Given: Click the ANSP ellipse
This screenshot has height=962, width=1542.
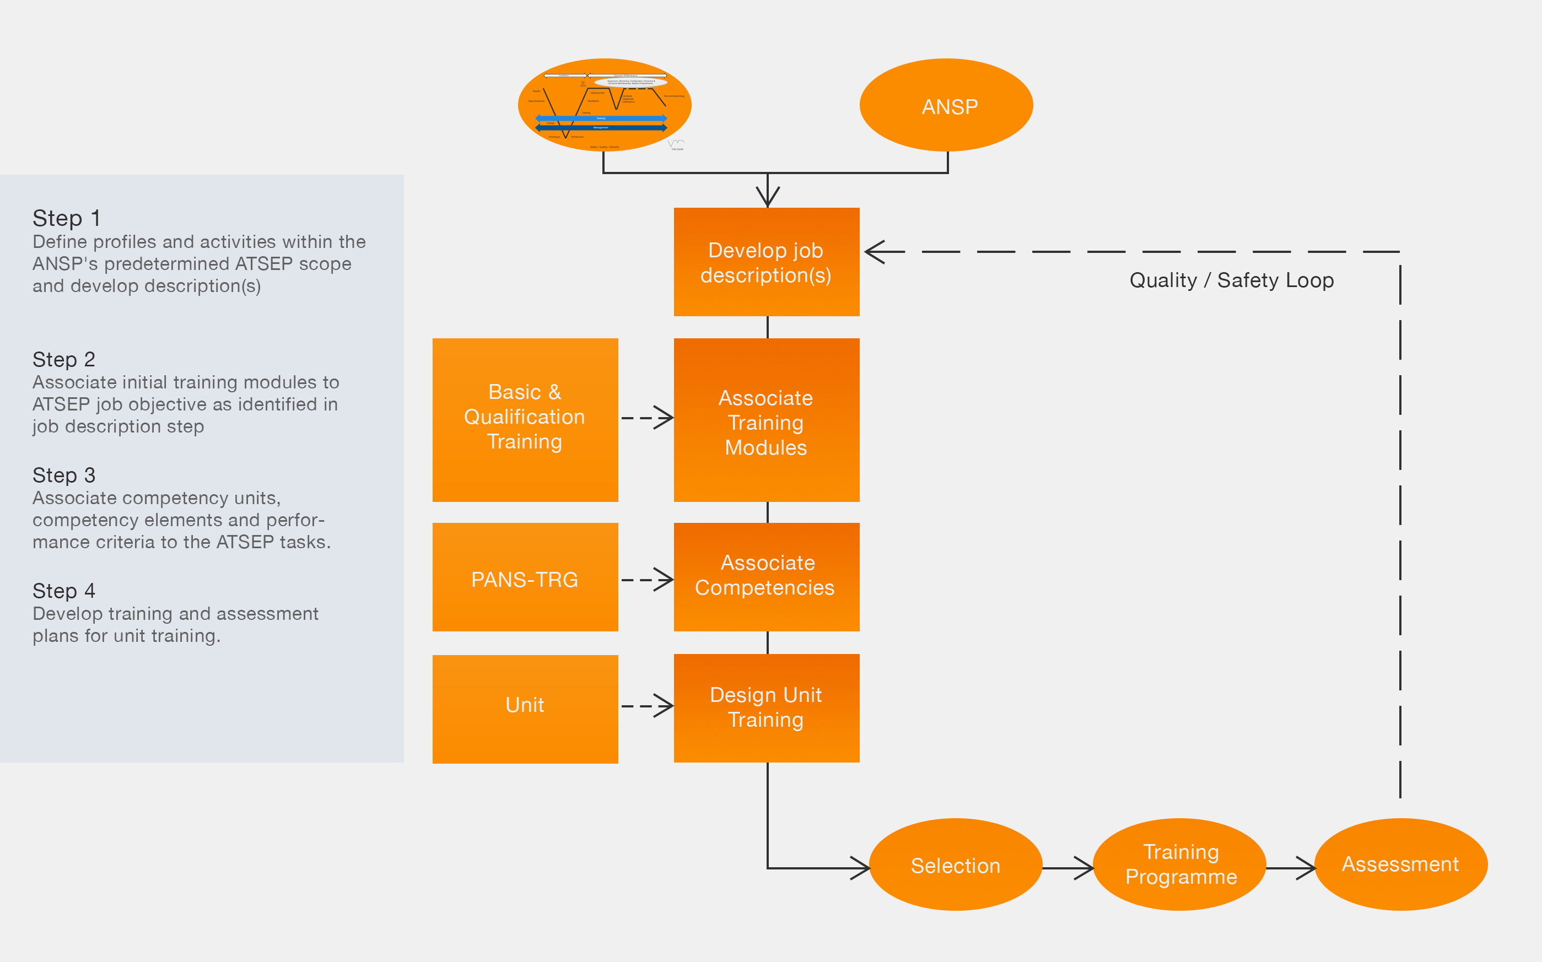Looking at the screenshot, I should point(946,106).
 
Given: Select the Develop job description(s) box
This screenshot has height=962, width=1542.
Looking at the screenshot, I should point(766,262).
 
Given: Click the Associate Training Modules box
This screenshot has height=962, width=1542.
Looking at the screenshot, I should point(766,420).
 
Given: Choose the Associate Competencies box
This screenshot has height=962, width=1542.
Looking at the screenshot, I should point(766,576).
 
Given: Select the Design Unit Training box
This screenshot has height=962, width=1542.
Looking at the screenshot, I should point(766,707).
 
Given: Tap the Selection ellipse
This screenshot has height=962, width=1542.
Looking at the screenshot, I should point(955,864).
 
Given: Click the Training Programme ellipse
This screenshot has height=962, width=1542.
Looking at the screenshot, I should point(1179,864).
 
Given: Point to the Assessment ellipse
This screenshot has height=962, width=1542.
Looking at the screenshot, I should point(1400,864).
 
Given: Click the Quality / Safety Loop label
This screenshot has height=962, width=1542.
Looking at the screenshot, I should point(1231,280).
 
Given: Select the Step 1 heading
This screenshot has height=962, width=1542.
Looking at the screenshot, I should point(66,218).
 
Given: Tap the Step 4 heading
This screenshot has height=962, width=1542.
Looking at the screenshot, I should point(63,591).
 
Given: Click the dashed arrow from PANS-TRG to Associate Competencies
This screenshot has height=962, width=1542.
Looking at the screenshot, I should point(646,580).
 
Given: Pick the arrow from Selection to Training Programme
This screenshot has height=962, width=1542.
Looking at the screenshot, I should point(1068,868).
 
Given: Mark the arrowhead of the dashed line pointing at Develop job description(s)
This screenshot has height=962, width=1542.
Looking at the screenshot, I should point(877,252).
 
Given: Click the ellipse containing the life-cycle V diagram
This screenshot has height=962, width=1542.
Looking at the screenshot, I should point(605,106).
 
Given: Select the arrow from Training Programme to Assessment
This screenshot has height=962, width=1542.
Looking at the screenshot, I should point(1291,868).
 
